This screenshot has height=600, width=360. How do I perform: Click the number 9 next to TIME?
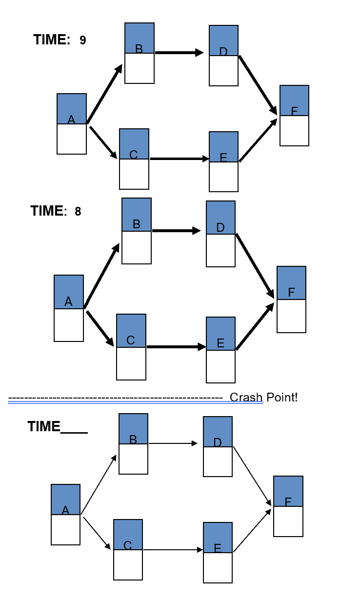pos(83,40)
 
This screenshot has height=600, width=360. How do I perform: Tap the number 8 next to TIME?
pos(78,212)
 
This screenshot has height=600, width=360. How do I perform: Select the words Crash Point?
pos(263,398)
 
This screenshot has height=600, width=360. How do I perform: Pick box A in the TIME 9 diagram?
pos(72,124)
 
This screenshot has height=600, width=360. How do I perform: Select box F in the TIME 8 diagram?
pos(291,300)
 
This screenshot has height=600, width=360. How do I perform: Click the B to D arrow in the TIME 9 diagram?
pos(179,53)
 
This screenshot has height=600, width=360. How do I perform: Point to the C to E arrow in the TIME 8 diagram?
pos(176,347)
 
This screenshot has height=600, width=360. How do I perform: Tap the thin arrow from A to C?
pos(97,534)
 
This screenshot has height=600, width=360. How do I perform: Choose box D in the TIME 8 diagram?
pos(220,234)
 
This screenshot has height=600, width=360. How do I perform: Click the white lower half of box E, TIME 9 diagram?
pos(223,177)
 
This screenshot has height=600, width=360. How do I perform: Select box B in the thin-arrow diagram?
pos(133,444)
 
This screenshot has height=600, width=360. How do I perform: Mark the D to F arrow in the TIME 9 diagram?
pos(258,85)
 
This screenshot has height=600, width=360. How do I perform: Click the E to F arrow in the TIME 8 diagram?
pos(255,326)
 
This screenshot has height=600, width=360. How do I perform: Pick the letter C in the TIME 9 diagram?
pos(133,155)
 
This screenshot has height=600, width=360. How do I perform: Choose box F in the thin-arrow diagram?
pos(288,506)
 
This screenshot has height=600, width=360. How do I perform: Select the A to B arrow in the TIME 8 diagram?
pos(102,276)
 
